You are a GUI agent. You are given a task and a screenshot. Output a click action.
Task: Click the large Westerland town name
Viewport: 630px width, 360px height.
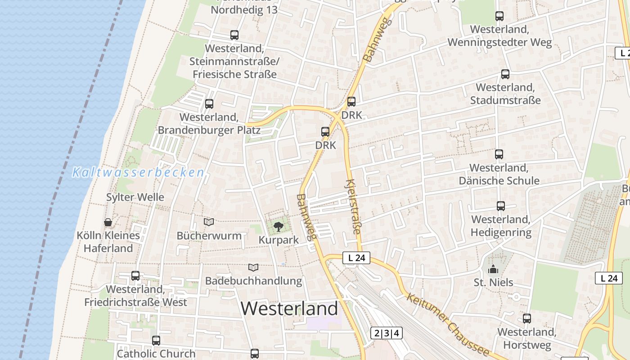click(289, 309)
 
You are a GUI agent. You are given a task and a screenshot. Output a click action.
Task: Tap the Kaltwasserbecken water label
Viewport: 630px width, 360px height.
click(138, 172)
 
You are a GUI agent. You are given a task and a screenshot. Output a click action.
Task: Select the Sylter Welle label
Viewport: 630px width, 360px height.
click(135, 197)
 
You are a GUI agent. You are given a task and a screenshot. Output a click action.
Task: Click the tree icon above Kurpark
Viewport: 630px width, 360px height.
click(279, 226)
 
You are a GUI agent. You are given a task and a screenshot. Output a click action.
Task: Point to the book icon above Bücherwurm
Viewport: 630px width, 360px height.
click(209, 222)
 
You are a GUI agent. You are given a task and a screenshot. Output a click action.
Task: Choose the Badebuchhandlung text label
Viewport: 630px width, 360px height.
click(253, 281)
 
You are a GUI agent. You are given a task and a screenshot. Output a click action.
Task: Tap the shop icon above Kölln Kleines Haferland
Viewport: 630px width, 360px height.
click(108, 222)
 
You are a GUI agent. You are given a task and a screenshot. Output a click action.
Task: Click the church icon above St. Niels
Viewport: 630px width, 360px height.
click(493, 270)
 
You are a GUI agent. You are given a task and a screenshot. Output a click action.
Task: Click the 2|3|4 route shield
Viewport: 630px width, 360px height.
click(386, 333)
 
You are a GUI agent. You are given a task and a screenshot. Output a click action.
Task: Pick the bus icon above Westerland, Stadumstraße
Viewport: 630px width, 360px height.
click(505, 74)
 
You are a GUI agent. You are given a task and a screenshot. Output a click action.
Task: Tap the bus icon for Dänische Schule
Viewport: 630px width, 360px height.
click(499, 155)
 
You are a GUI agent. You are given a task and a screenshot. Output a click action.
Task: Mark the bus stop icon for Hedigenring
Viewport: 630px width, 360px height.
click(501, 206)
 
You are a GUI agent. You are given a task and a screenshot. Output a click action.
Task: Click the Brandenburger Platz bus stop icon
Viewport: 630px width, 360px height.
click(209, 104)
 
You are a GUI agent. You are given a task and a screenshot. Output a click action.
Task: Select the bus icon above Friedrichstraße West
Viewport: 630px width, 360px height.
click(135, 276)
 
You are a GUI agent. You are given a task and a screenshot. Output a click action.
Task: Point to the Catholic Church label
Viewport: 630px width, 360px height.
click(156, 354)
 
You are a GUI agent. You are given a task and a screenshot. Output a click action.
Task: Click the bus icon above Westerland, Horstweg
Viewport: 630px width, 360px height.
click(527, 319)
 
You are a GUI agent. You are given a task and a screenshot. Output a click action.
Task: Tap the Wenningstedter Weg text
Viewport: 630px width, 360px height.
click(499, 43)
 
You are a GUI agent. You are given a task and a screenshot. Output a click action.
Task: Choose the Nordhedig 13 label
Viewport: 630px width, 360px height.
click(244, 10)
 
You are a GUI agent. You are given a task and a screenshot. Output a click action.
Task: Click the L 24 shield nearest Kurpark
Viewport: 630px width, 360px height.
click(356, 258)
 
